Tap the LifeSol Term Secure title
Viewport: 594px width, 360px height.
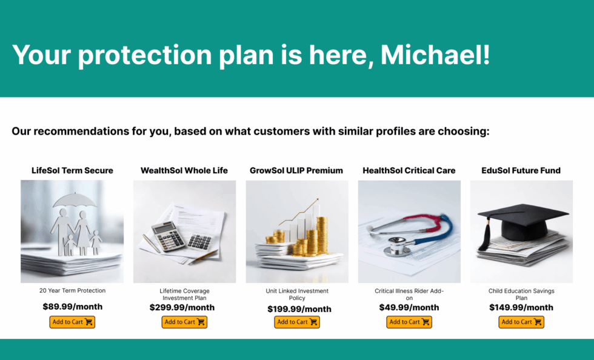(72, 170)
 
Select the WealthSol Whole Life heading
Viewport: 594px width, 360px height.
(184, 170)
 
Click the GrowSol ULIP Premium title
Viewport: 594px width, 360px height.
(296, 170)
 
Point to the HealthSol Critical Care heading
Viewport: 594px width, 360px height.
(409, 170)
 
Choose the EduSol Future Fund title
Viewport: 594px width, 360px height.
(521, 170)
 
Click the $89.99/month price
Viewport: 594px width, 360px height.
(72, 307)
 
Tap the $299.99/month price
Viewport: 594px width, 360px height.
(182, 307)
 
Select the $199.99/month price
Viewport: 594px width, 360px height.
(299, 309)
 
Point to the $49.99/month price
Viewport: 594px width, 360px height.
(409, 307)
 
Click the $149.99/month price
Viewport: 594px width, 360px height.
(521, 307)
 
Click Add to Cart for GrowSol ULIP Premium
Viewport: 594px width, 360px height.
(297, 322)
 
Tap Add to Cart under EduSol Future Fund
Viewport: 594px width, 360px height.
(521, 322)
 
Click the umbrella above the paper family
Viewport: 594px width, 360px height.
(75, 200)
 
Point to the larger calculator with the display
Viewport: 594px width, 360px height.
(169, 236)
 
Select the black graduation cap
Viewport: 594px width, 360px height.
(525, 224)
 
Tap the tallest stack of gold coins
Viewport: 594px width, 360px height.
(322, 235)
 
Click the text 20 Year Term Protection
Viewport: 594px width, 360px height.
(72, 291)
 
